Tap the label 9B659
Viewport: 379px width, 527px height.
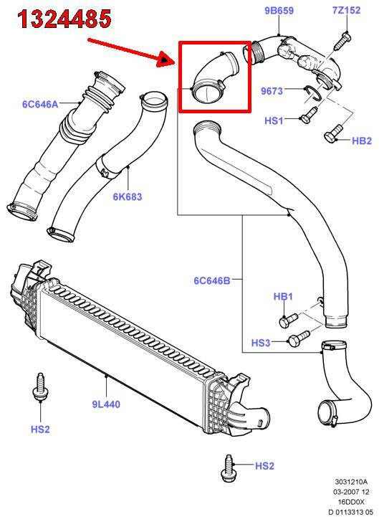point(279,11)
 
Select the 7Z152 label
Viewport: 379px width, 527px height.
point(347,10)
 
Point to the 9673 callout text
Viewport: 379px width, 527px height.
point(272,91)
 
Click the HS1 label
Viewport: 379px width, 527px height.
point(274,120)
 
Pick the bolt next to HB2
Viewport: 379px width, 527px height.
point(333,134)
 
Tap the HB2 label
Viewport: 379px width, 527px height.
point(362,141)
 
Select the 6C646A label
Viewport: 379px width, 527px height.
point(40,104)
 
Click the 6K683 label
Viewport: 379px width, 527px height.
point(128,196)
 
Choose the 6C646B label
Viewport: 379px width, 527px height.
point(212,280)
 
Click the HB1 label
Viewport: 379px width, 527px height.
point(283,296)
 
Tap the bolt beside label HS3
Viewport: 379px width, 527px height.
point(299,338)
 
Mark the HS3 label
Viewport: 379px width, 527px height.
point(261,343)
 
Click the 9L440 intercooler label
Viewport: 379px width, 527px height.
point(106,404)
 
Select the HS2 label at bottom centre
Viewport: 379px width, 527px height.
point(264,466)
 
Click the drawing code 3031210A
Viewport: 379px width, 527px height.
point(351,483)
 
